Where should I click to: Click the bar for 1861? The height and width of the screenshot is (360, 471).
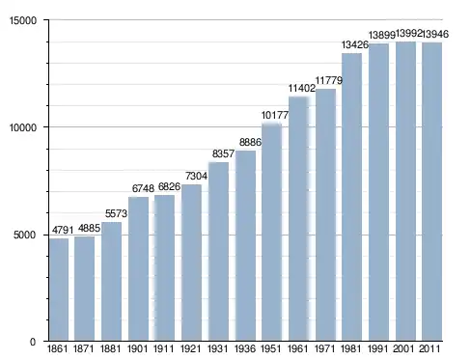tap(59, 290)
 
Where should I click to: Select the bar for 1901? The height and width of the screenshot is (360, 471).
tap(138, 268)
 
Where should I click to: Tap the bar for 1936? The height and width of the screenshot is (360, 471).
tap(245, 246)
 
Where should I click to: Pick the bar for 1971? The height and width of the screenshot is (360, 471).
tap(325, 215)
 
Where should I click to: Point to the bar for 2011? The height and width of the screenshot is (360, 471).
tap(432, 192)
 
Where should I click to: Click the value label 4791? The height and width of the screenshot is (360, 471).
tap(63, 230)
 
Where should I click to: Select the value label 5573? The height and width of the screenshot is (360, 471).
tap(117, 213)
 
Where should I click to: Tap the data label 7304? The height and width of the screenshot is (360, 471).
tap(196, 176)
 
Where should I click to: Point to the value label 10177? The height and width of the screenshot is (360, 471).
tap(275, 115)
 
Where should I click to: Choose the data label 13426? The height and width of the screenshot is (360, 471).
tap(355, 44)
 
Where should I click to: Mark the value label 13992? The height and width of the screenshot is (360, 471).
tap(408, 33)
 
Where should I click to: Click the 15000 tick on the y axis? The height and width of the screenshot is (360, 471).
tap(23, 20)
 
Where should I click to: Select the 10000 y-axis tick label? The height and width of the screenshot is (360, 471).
tap(23, 127)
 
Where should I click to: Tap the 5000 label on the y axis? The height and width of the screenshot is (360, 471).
tap(25, 235)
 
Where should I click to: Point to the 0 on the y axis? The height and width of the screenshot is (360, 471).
tap(33, 342)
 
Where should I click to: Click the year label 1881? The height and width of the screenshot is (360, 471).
tap(110, 348)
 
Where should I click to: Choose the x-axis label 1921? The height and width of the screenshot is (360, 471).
tap(190, 348)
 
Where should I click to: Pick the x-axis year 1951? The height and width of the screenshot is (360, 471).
tap(270, 348)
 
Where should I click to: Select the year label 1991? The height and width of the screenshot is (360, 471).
tap(377, 348)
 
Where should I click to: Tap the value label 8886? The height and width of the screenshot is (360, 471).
tap(250, 142)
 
